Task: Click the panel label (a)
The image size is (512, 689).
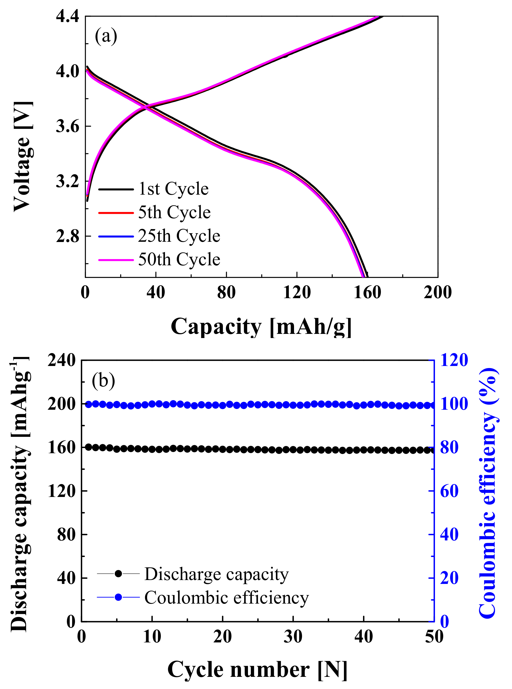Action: [106, 36]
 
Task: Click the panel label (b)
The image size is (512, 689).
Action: [103, 381]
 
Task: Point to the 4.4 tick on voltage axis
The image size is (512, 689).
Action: [67, 16]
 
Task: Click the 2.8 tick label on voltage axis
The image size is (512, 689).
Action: [67, 236]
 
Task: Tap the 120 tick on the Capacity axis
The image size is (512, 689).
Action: [297, 292]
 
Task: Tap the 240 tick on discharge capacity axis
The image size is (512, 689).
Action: [62, 361]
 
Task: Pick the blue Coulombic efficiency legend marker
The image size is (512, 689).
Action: [118, 597]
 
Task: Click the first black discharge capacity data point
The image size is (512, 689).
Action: [89, 447]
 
